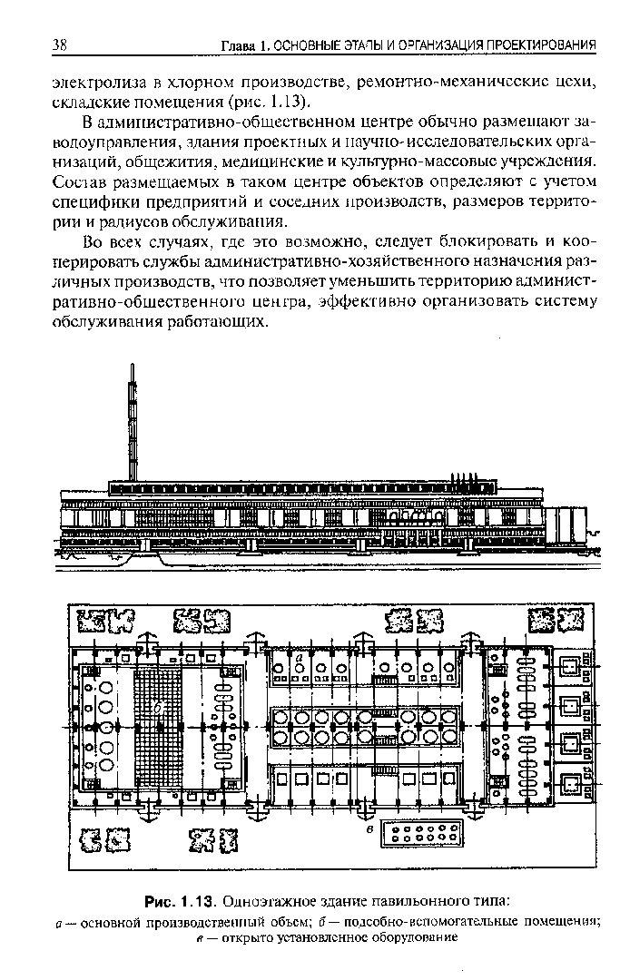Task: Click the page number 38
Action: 60,44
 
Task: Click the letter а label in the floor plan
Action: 300,658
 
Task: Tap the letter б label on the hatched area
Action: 159,707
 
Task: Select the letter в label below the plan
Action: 370,829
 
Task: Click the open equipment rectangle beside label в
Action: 424,833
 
